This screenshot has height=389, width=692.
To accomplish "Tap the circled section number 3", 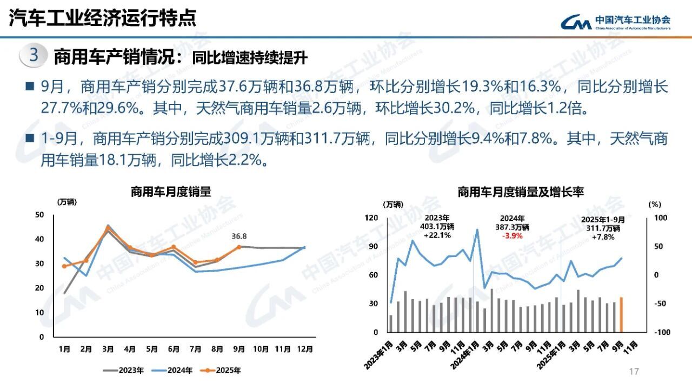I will point(34,56).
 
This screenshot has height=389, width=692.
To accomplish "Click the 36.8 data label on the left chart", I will point(239,236).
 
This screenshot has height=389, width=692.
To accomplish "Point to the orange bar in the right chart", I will point(621,314).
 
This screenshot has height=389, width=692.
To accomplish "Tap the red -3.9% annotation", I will point(512,236).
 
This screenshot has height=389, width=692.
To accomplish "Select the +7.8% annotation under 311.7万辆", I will point(603,237).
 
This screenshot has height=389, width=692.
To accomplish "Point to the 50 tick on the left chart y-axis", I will point(39,215).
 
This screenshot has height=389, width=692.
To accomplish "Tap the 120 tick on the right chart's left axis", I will point(372,217).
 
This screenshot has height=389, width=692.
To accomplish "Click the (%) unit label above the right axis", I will point(654,205).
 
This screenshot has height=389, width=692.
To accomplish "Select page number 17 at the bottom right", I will point(634,371).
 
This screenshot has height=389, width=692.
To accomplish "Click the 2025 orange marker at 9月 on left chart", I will point(238,247).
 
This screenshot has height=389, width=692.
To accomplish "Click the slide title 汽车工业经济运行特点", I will point(103,18).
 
